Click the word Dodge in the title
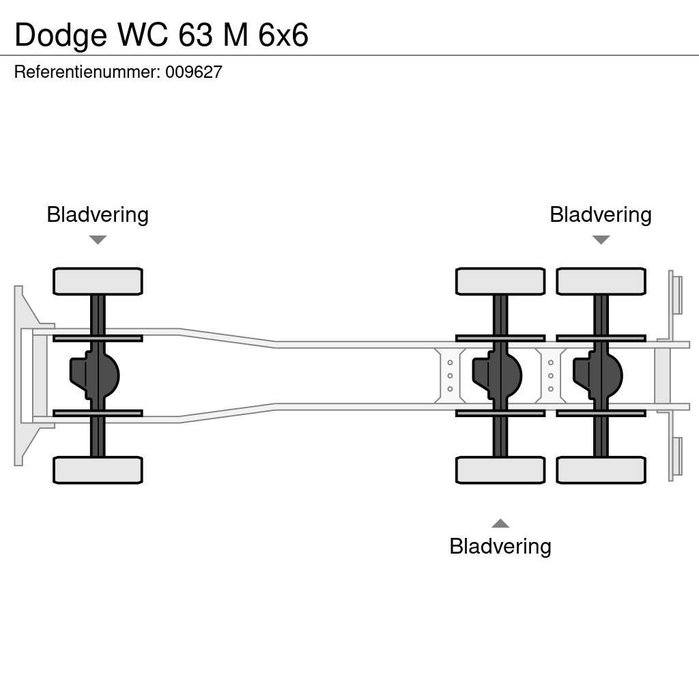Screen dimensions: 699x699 pos(61,35)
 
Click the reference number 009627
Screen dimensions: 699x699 pos(194,72)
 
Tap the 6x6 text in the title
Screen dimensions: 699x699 pos(283,35)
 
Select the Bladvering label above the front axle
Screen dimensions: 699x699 pos(98,214)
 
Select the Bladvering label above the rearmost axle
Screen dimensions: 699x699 pos(600,214)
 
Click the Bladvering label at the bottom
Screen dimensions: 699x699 pos(500,546)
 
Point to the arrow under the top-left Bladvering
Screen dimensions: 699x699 pos(98,240)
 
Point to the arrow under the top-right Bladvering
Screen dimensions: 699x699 pos(601,240)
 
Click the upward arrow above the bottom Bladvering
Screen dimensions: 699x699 pos(500,524)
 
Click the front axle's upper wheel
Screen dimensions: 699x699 pos(98,281)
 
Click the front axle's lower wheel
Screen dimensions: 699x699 pos(98,470)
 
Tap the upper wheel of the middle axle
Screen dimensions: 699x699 pos(500,281)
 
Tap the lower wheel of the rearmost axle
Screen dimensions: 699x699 pos(601,470)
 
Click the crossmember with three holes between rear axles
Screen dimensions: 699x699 pos(550,375)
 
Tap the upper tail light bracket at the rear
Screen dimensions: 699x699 pos(676,294)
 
